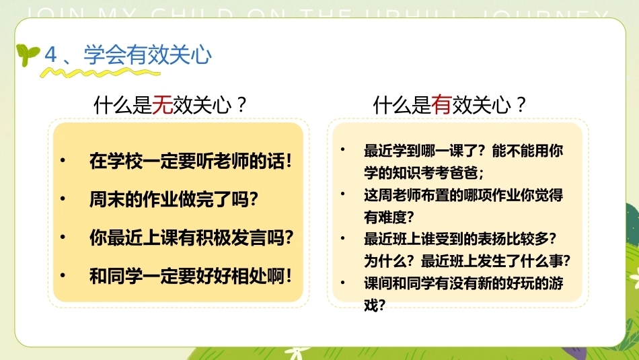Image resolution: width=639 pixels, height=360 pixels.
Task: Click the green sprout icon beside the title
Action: click(x=27, y=55)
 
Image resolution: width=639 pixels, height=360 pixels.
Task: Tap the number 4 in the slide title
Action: click(x=50, y=55)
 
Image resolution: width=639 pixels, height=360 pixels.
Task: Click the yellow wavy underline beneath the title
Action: click(x=100, y=73)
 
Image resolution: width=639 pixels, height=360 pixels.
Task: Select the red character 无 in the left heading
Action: click(x=163, y=105)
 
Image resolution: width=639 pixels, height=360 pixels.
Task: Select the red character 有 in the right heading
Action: click(x=442, y=105)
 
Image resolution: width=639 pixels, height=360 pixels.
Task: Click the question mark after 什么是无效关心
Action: click(x=241, y=105)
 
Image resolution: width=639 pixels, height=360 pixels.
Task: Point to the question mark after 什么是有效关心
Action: click(x=521, y=105)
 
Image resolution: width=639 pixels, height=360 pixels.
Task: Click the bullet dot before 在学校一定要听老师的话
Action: click(x=63, y=160)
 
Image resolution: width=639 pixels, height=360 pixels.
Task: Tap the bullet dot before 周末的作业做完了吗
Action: click(x=63, y=199)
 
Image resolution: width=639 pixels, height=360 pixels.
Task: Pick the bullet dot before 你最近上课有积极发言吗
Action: click(x=63, y=237)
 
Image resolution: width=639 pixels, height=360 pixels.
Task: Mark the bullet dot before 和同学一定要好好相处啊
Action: click(x=63, y=275)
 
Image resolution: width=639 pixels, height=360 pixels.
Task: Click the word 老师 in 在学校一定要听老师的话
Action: click(x=231, y=161)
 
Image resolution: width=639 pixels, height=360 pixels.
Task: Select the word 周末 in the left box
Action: click(x=107, y=199)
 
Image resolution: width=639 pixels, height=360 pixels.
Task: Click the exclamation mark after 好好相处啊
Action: click(x=289, y=276)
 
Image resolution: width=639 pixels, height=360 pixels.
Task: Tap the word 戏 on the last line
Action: click(x=371, y=305)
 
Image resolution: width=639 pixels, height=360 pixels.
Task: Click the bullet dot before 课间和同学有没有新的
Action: click(x=343, y=282)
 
